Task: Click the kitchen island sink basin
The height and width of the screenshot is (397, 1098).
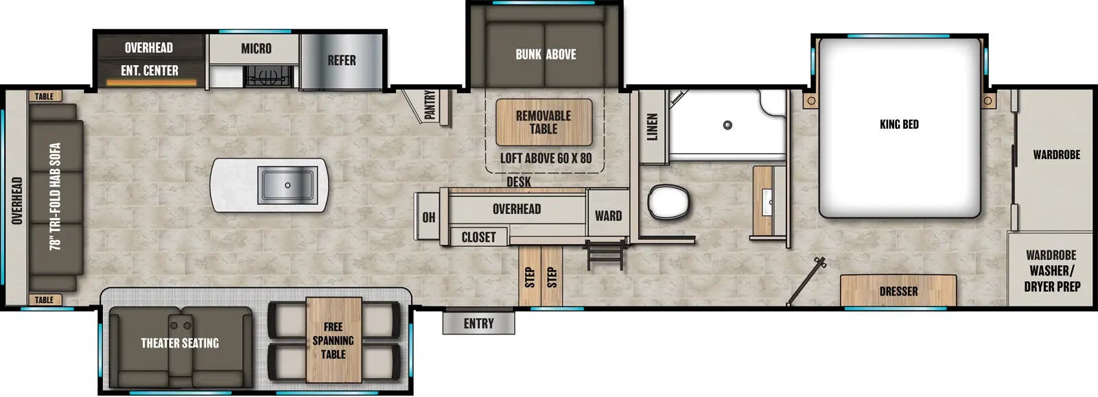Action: coord(287,185)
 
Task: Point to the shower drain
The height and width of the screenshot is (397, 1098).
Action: coord(727,125)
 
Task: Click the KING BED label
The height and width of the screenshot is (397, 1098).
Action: coord(898,124)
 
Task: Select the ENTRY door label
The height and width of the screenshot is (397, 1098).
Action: coord(478,323)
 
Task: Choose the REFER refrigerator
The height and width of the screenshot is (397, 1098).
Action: coord(341,61)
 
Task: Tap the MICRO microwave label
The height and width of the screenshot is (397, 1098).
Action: coord(256,49)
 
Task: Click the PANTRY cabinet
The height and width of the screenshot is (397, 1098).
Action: coord(430,106)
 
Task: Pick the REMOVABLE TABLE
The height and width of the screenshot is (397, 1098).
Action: coord(544,122)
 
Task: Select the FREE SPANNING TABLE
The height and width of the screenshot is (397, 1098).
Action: coord(334,340)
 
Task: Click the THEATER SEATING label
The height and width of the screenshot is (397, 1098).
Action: coord(180,343)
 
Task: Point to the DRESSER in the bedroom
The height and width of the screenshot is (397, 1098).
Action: coord(898,291)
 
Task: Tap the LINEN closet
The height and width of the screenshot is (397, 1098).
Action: coord(653,127)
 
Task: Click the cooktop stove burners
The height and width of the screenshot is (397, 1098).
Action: coord(270,76)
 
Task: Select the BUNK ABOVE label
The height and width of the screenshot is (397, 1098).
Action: coord(546,54)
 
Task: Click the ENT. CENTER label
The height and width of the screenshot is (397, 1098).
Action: coord(150,71)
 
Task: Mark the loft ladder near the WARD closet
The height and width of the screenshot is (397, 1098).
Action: coord(605,254)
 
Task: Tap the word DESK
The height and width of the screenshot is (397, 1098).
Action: coord(519,182)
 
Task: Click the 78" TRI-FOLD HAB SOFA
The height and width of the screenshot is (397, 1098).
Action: coord(56,197)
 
